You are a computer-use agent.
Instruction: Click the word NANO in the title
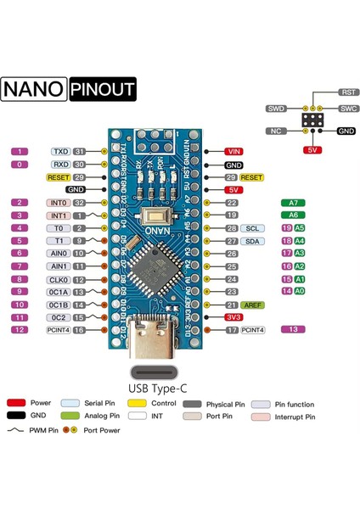(34, 89)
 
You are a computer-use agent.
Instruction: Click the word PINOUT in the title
(103, 89)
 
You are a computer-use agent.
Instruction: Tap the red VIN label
(235, 150)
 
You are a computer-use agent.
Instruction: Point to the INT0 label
(59, 203)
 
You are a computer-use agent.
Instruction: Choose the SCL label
(252, 228)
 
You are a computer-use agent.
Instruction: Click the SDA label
(252, 241)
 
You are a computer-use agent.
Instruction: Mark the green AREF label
(253, 304)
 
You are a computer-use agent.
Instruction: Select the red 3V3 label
(234, 316)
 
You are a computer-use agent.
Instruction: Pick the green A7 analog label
(293, 203)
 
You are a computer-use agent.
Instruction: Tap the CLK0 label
(59, 278)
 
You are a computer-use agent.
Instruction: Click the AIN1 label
(59, 266)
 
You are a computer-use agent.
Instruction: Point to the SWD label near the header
(277, 109)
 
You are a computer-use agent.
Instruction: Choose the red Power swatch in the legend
(16, 403)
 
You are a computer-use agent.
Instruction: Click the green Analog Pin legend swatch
(70, 417)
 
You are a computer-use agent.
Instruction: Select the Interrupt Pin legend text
(294, 417)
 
